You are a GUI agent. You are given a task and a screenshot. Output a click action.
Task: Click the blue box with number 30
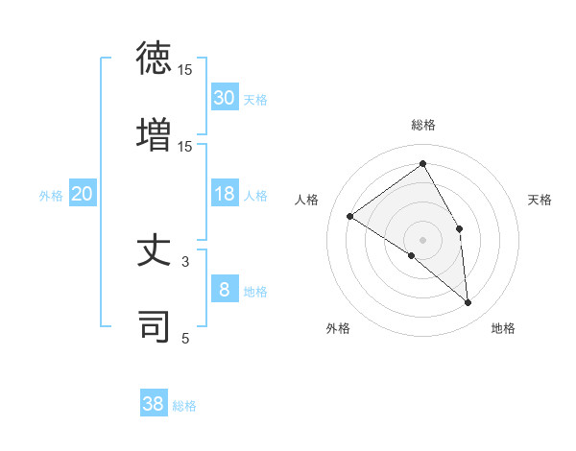tap(224, 98)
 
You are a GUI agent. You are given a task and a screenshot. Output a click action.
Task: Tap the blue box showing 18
tap(224, 195)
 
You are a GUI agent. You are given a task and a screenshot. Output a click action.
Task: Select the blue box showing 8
tap(224, 290)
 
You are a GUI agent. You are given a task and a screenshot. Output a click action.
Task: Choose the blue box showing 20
tap(82, 195)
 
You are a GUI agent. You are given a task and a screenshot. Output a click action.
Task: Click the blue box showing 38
tap(154, 404)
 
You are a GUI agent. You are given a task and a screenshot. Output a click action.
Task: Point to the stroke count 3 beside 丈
tap(185, 260)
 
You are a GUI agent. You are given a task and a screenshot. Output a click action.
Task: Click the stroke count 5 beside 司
tap(185, 337)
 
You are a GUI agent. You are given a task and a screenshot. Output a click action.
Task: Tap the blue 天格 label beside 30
tap(255, 99)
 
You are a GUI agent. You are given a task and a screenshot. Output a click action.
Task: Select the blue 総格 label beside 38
tap(184, 406)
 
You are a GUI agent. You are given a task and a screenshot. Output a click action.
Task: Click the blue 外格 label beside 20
tap(51, 196)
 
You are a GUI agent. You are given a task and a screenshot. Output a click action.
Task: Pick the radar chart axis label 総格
tap(423, 125)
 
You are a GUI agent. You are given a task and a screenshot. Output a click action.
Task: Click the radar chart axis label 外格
tap(337, 328)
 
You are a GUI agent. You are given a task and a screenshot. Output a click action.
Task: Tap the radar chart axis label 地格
tap(503, 328)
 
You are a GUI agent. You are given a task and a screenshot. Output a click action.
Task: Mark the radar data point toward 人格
tap(350, 216)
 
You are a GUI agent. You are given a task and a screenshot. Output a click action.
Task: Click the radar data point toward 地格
tap(468, 302)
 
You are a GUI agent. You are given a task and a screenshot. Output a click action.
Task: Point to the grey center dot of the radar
tap(423, 239)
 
